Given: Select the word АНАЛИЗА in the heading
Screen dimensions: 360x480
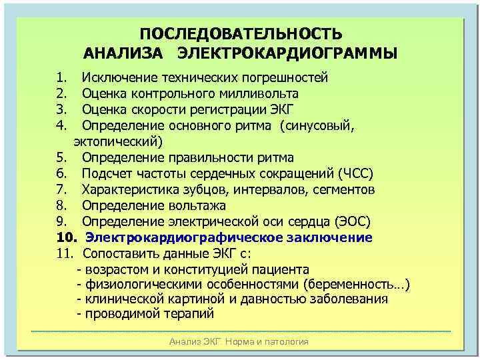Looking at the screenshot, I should [123, 53].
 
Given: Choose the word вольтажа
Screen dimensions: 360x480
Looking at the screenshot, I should [198, 205].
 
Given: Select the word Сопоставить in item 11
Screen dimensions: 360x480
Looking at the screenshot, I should [119, 254].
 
